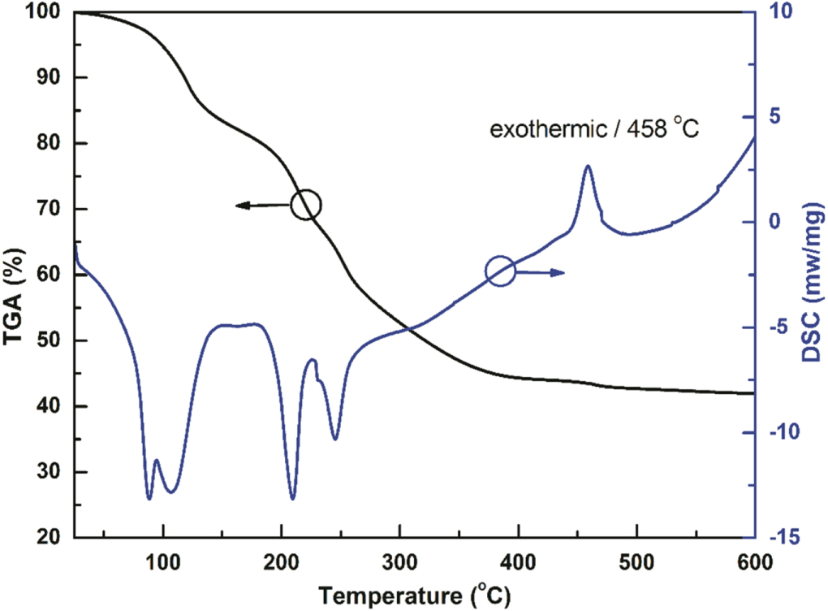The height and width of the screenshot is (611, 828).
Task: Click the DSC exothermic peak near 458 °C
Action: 587,167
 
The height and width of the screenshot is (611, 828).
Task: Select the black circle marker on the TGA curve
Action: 306,205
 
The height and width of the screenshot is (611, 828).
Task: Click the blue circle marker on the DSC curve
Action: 500,271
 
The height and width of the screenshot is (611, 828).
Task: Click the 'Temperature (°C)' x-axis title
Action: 414,594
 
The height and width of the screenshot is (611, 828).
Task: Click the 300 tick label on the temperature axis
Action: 399,561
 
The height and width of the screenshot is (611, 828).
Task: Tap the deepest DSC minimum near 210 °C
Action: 292,498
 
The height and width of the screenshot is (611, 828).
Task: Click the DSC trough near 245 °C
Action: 334,439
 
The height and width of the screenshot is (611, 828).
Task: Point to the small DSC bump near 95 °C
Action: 157,461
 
